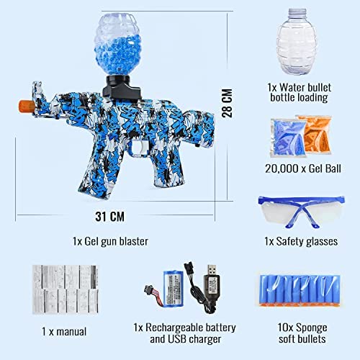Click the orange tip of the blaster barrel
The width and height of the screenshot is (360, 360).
tap(26, 107)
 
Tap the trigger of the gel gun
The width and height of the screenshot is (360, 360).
tap(144, 147)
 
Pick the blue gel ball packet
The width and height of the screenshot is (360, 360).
tap(288, 138)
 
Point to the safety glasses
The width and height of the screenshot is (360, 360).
tap(302, 212)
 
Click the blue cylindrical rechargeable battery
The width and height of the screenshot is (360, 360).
tap(173, 288)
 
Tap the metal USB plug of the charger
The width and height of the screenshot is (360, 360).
tap(212, 270)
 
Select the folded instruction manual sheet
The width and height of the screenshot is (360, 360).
tap(66, 289)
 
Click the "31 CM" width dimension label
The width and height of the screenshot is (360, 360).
tap(110, 217)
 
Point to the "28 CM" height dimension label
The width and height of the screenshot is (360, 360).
tap(227, 103)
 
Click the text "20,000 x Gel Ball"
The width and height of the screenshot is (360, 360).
tap(303, 168)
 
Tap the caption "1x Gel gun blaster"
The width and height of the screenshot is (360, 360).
tap(110, 241)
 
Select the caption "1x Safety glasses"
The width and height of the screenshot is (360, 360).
tap(301, 241)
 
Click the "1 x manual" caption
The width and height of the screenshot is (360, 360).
tap(64, 332)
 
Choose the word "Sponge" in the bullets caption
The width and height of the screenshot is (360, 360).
tap(312, 328)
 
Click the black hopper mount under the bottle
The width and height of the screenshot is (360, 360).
tap(120, 87)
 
